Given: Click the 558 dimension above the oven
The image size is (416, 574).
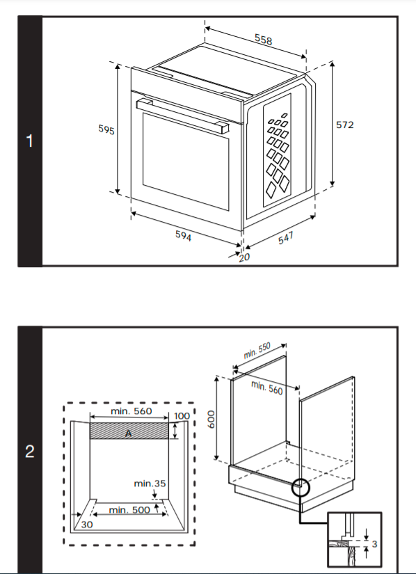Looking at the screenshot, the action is [264, 40].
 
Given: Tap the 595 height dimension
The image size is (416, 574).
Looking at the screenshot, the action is [106, 129].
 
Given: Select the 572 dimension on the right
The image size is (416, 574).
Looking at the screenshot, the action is [344, 125].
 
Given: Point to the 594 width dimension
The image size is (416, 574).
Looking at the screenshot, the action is [183, 235].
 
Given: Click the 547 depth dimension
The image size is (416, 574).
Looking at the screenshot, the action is [286, 237].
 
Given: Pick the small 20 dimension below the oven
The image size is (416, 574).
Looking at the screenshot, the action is [244, 257].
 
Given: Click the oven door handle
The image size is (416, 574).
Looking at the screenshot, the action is [182, 115].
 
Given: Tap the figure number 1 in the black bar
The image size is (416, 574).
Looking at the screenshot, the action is [30, 141].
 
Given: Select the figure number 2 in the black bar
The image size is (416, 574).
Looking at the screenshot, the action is [30, 452].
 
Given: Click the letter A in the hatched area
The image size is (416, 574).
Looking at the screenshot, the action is [129, 433].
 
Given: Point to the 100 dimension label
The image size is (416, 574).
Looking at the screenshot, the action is [182, 416].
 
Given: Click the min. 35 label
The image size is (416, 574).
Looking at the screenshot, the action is [150, 484].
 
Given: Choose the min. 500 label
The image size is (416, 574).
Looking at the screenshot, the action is [129, 509].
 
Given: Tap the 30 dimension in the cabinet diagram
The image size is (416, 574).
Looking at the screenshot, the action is [87, 525].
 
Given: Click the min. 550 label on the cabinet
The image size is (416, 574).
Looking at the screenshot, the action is [257, 351].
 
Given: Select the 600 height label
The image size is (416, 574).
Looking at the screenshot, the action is [211, 419].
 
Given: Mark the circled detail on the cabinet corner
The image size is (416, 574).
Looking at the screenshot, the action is [301, 487].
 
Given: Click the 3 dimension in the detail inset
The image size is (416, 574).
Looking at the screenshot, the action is [374, 544].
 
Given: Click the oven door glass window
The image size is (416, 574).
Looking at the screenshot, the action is [186, 161].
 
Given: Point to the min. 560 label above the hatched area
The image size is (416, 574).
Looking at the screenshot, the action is [131, 411].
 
